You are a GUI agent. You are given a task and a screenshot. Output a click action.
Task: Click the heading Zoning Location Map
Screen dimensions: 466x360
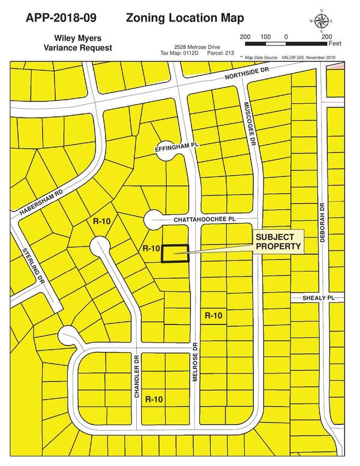(x=185, y=19)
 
